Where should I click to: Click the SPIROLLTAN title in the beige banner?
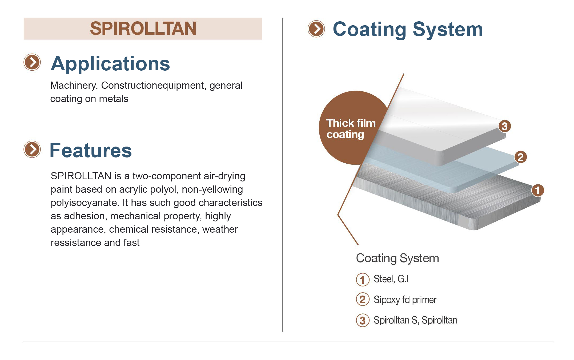pyautogui.click(x=143, y=29)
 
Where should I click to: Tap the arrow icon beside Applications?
pyautogui.click(x=32, y=62)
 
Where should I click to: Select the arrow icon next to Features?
pyautogui.click(x=32, y=149)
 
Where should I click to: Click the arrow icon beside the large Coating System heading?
pyautogui.click(x=316, y=29)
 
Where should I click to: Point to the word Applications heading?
pyautogui.click(x=110, y=64)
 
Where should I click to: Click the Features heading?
pyautogui.click(x=91, y=151)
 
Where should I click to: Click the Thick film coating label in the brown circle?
pyautogui.click(x=351, y=129)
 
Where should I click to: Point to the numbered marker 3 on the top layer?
pyautogui.click(x=504, y=126)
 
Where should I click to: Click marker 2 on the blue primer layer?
pyautogui.click(x=520, y=157)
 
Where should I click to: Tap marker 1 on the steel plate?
pyautogui.click(x=537, y=190)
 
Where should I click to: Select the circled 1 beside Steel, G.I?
pyautogui.click(x=363, y=280)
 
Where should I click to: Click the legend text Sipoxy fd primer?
pyautogui.click(x=405, y=300)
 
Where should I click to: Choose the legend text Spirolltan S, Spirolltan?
pyautogui.click(x=415, y=320)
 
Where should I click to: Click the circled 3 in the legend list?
pyautogui.click(x=363, y=320)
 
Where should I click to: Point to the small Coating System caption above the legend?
pyautogui.click(x=398, y=258)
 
